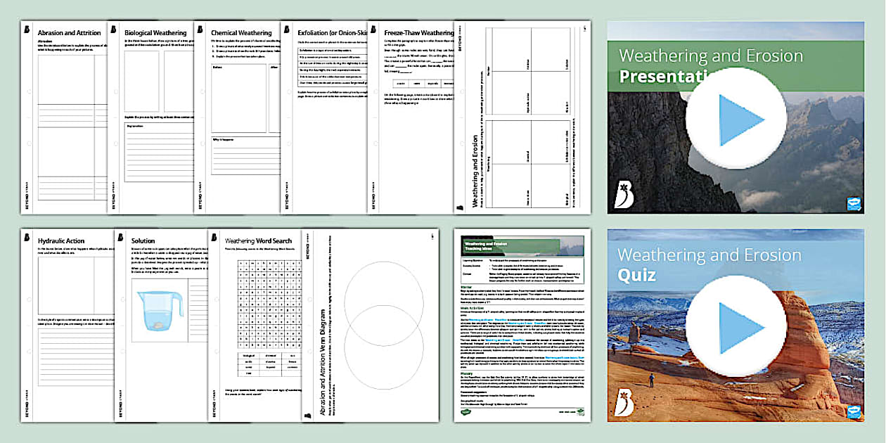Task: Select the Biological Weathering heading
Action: pyautogui.click(x=155, y=32)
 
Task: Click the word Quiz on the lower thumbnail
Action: pyautogui.click(x=636, y=275)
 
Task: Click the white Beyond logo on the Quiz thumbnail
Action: pyautogui.click(x=624, y=402)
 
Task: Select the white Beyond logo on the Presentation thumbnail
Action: pyautogui.click(x=624, y=193)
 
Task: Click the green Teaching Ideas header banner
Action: pyautogui.click(x=522, y=246)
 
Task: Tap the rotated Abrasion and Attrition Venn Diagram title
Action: pyautogui.click(x=323, y=352)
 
